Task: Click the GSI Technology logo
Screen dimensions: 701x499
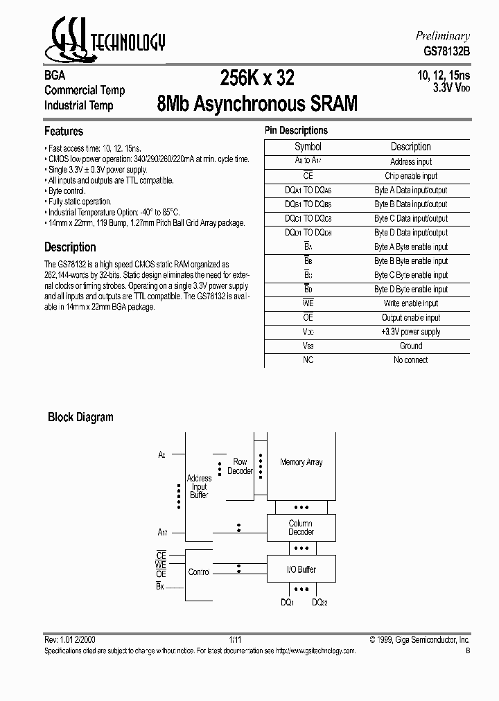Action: [x=104, y=39]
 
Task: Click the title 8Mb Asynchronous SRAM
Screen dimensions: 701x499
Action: [x=258, y=104]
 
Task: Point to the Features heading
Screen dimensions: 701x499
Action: [x=64, y=131]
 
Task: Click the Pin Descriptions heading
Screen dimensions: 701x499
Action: [x=296, y=130]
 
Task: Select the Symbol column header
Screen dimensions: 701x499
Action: [x=308, y=147]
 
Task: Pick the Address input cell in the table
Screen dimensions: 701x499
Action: [x=411, y=161]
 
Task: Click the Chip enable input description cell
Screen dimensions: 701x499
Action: [x=411, y=176]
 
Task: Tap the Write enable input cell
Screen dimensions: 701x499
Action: [x=411, y=303]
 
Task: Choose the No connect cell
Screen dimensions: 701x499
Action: [x=411, y=360]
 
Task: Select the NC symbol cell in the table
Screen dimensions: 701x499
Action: [x=308, y=360]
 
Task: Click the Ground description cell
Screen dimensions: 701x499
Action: [x=411, y=346]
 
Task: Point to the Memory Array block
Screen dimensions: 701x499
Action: [x=301, y=463]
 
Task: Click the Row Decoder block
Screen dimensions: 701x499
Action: [x=240, y=466]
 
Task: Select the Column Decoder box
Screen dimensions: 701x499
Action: [x=301, y=528]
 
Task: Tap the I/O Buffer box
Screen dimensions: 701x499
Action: [x=301, y=569]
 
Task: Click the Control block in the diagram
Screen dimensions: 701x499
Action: [x=199, y=572]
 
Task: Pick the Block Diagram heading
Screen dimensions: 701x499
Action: [x=80, y=417]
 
